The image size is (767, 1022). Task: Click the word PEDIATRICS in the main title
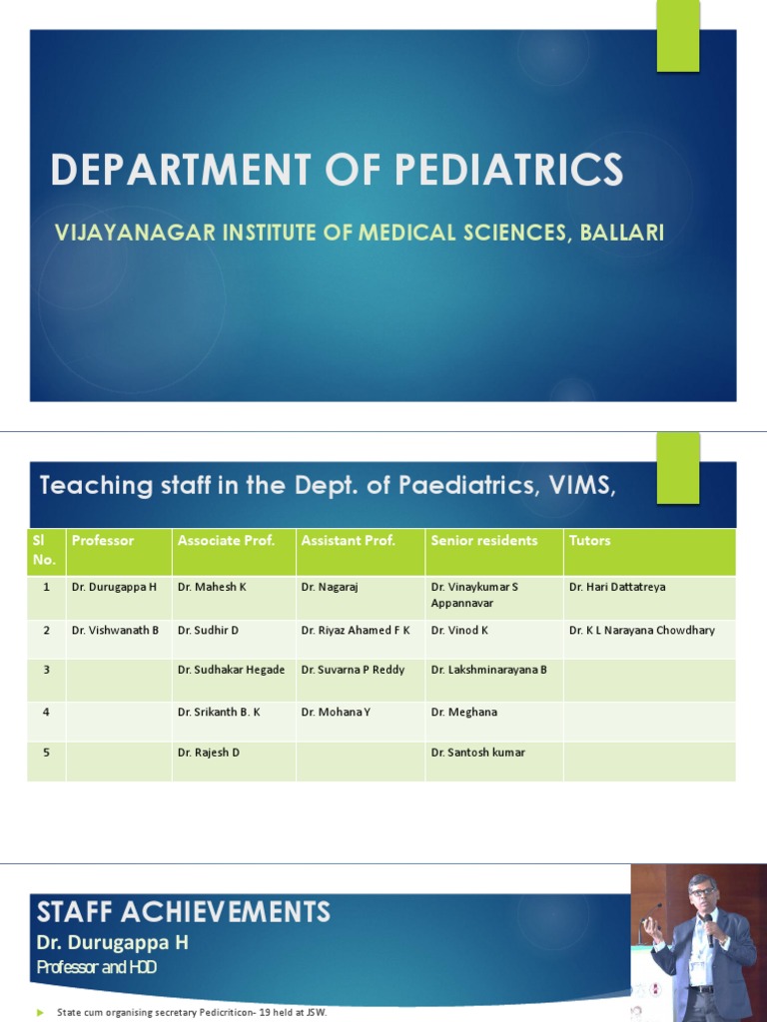click(x=509, y=170)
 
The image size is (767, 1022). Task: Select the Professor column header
click(x=103, y=541)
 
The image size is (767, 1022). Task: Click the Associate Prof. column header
click(x=226, y=541)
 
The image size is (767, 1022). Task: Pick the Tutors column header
click(x=590, y=541)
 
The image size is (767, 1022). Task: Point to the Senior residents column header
click(x=484, y=541)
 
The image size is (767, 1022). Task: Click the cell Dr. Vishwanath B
click(x=115, y=631)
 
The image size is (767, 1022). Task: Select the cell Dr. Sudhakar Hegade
click(x=231, y=670)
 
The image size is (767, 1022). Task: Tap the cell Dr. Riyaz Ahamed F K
click(x=356, y=631)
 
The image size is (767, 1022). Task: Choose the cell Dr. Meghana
click(x=464, y=713)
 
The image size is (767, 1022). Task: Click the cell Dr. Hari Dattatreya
click(x=617, y=587)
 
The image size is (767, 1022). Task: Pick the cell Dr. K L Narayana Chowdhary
click(x=642, y=631)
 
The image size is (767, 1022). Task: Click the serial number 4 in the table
click(x=46, y=713)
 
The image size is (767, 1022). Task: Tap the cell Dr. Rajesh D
click(x=209, y=753)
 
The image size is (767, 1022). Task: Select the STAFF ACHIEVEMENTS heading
click(x=184, y=911)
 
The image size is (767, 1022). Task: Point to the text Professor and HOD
click(x=96, y=967)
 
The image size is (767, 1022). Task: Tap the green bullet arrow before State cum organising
click(x=41, y=1013)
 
